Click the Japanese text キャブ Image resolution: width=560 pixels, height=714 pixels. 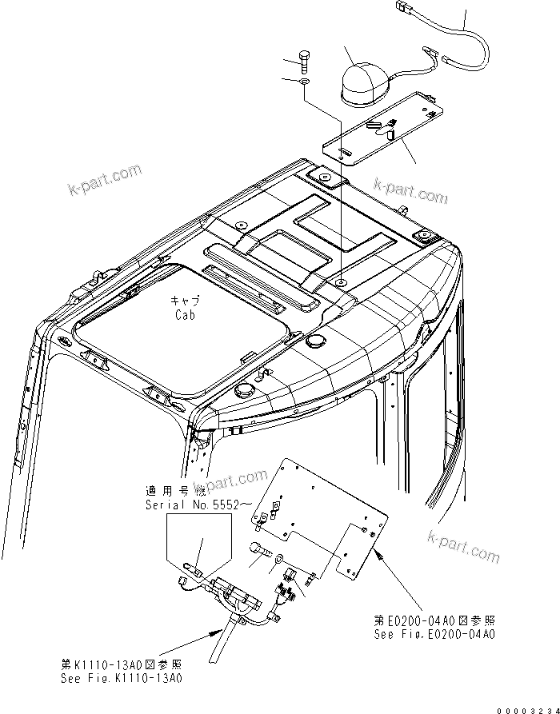[x=185, y=301]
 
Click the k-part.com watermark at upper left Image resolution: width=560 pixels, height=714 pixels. [x=104, y=182]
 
